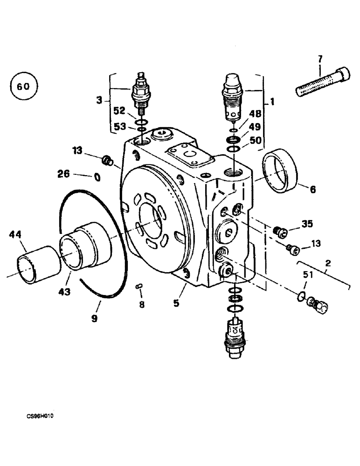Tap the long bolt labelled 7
[x=323, y=82]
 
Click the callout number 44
[x=15, y=236]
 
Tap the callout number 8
[x=142, y=305]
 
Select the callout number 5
[x=176, y=303]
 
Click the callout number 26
[x=63, y=174]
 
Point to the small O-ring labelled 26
[x=97, y=177]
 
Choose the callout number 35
[x=306, y=224]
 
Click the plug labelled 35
[x=280, y=231]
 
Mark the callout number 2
[x=328, y=264]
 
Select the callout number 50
[x=255, y=139]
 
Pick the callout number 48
[x=255, y=113]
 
